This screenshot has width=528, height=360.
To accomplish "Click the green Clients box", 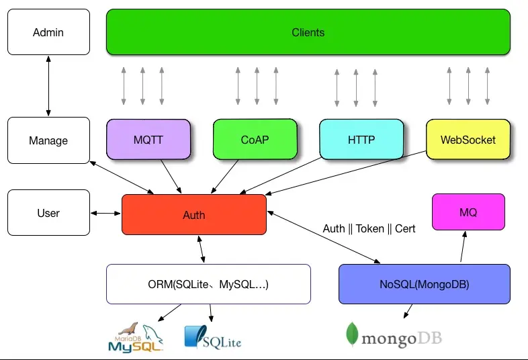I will (308, 32).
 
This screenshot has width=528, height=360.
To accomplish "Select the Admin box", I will (48, 32).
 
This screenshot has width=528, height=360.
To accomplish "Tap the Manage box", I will (48, 140).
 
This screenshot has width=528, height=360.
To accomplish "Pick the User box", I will (48, 213).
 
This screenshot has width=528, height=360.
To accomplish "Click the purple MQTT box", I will (148, 140).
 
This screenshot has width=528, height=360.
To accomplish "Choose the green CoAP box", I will (254, 140).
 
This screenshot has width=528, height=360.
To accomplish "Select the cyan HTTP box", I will (361, 140).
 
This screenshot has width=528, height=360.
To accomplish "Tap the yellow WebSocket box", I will (468, 140).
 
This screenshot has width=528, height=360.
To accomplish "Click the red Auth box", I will (193, 215).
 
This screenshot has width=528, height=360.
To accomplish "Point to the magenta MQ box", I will (468, 212).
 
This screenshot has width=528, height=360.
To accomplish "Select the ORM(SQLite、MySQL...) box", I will (208, 284).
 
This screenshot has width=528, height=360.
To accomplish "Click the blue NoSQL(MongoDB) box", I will (424, 284).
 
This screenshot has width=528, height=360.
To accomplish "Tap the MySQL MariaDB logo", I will (136, 338).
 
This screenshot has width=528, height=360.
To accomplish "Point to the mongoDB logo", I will (394, 336).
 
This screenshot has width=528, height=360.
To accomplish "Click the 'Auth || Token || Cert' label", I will (369, 228).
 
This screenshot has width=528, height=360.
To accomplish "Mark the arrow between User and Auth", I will (105, 214).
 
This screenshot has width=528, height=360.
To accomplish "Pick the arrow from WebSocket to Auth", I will (336, 171).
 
